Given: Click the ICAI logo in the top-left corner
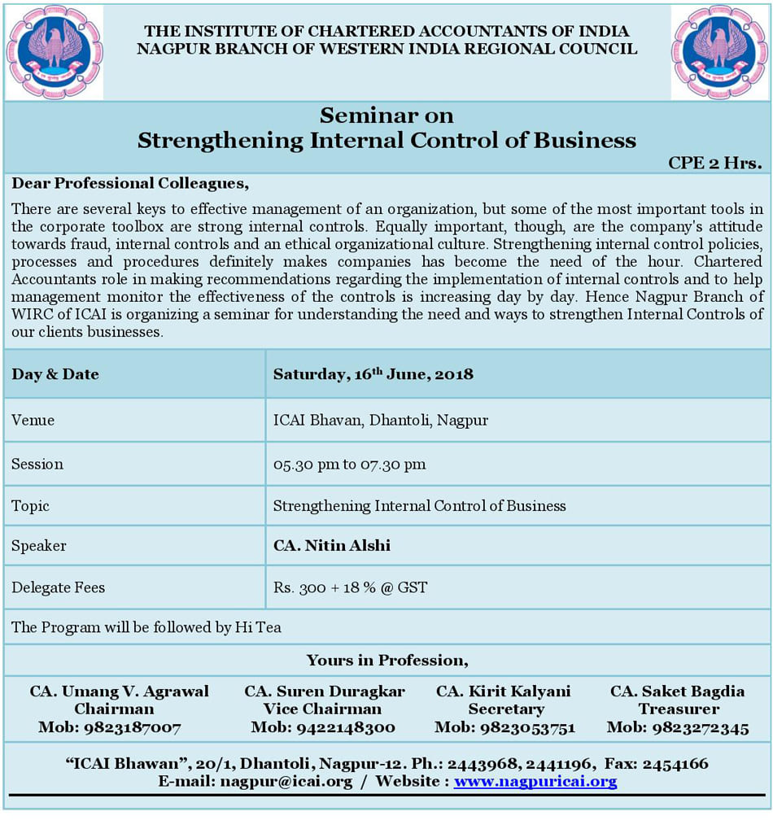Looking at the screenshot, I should pyautogui.click(x=54, y=52).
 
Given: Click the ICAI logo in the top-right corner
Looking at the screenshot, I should pyautogui.click(x=719, y=52).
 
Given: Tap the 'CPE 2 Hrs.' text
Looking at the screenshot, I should pyautogui.click(x=714, y=163).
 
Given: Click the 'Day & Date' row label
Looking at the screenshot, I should pyautogui.click(x=55, y=374).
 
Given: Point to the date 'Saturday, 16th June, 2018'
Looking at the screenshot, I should pyautogui.click(x=373, y=374).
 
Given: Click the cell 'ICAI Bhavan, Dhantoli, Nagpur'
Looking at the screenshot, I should pyautogui.click(x=381, y=421).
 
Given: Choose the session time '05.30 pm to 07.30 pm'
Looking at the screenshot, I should pyautogui.click(x=349, y=464).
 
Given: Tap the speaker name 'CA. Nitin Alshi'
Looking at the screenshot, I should pyautogui.click(x=332, y=545).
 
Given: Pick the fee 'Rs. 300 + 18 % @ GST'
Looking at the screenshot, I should pyautogui.click(x=350, y=587).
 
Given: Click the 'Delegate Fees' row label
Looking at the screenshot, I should pyautogui.click(x=59, y=587).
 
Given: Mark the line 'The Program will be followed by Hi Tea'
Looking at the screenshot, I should pyautogui.click(x=146, y=627).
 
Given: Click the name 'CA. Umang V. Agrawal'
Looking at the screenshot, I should pyautogui.click(x=120, y=691).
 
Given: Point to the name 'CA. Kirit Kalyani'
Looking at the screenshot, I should pyautogui.click(x=504, y=691).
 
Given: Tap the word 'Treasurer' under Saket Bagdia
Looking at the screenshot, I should pyautogui.click(x=678, y=709).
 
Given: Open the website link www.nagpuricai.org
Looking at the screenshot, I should pyautogui.click(x=535, y=782).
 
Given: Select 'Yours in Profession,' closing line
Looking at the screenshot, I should pyautogui.click(x=387, y=660).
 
